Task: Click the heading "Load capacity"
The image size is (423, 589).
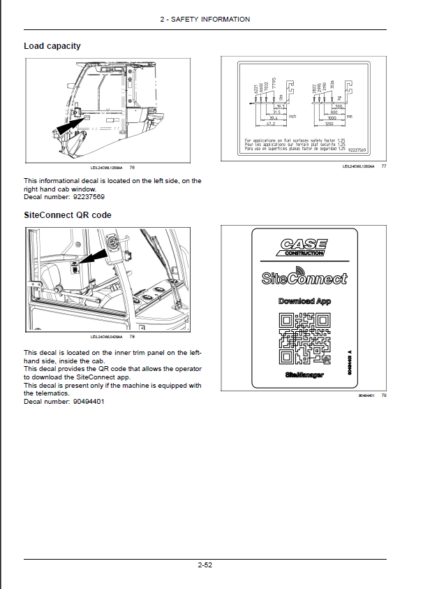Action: point(52,46)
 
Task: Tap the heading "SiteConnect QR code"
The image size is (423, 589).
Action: point(68,214)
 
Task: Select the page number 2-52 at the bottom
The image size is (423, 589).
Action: point(205,565)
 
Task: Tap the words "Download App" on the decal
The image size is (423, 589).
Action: point(304,301)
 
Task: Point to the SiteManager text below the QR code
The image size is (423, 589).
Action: point(304,375)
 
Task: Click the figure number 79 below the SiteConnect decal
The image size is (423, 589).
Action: point(384,396)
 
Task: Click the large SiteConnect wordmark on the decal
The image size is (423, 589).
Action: point(304,279)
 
